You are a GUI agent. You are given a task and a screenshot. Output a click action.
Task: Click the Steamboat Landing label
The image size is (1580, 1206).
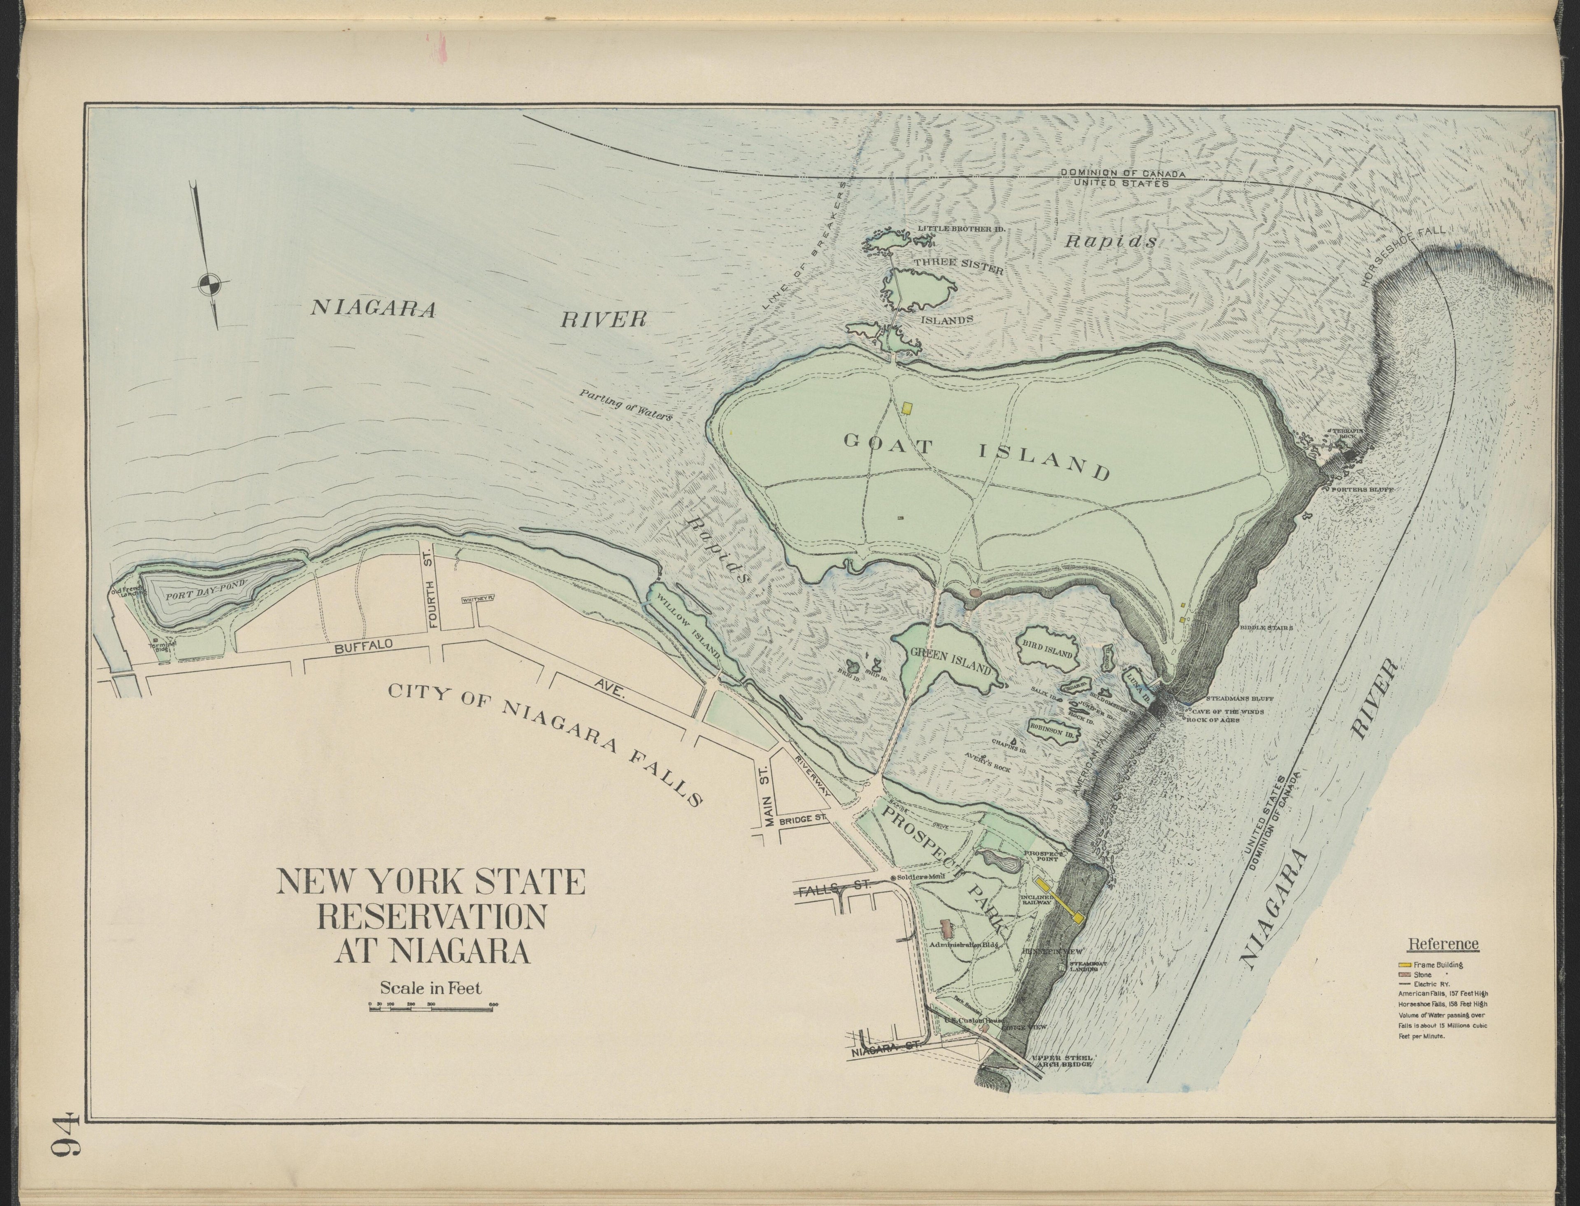(x=1083, y=966)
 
